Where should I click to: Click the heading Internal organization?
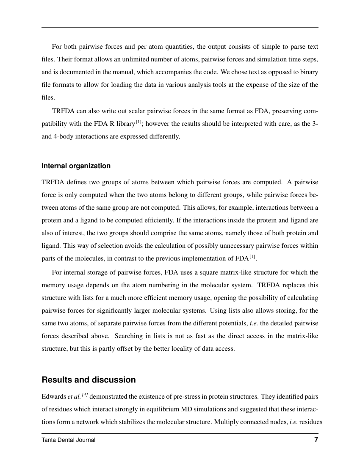(76, 166)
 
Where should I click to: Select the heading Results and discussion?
(89, 380)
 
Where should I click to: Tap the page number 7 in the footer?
(316, 440)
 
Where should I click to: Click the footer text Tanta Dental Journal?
(68, 440)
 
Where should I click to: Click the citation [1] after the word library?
(138, 122)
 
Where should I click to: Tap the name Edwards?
(54, 397)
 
